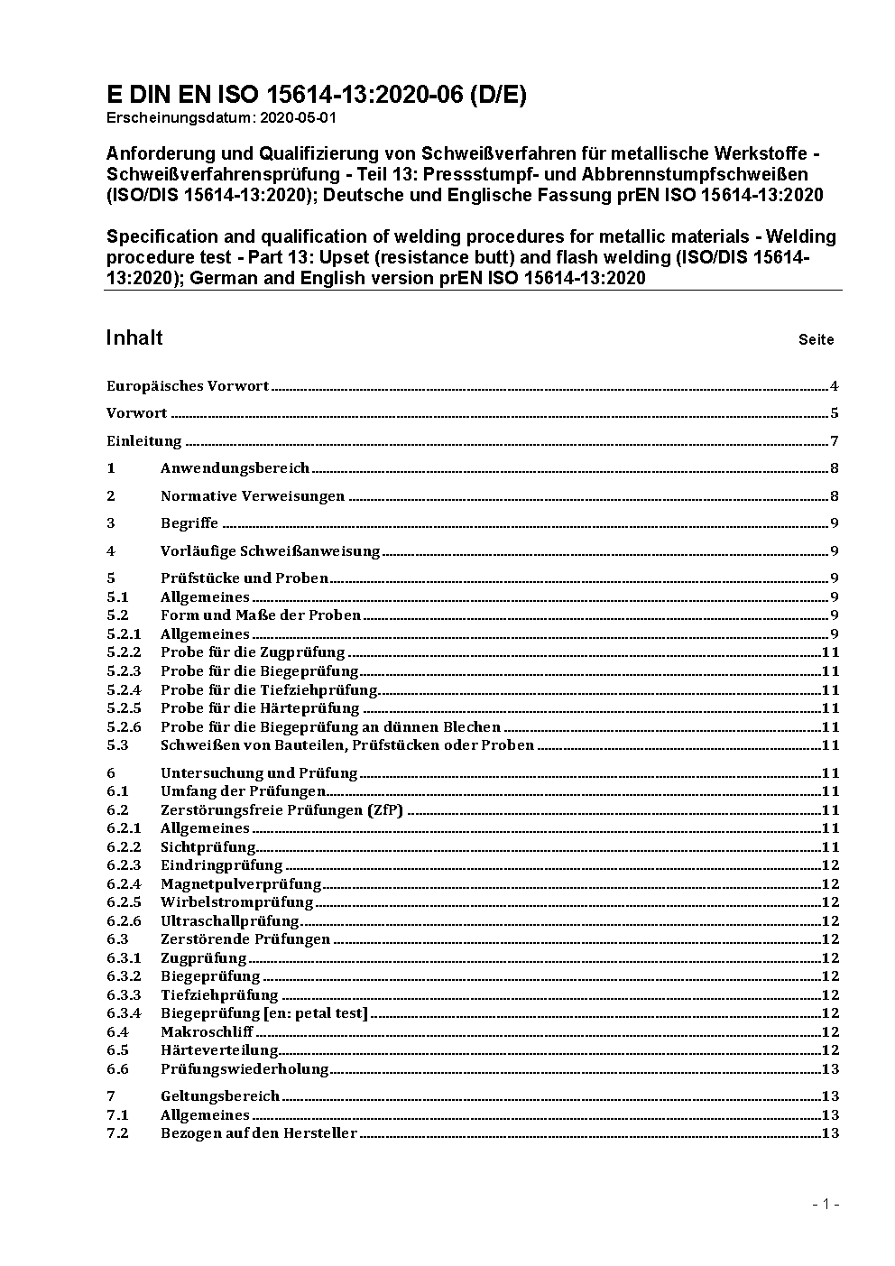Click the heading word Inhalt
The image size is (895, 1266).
[134, 337]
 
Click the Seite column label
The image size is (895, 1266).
[816, 340]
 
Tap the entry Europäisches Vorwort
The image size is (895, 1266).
[188, 386]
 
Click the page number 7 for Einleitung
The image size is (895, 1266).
[835, 441]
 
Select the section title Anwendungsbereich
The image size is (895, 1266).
[235, 467]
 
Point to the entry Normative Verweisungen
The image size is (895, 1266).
[253, 495]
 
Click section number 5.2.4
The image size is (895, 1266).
[124, 689]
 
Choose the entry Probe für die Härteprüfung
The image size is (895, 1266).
[260, 708]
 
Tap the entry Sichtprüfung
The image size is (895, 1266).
[208, 846]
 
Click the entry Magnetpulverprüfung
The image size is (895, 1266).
[241, 884]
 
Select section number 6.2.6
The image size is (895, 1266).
[124, 920]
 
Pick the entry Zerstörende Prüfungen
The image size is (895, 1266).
[245, 939]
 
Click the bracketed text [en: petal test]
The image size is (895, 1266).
[316, 1013]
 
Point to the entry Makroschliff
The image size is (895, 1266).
[207, 1032]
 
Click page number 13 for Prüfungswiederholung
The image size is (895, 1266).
[830, 1069]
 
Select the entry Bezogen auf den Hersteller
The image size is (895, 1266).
[259, 1133]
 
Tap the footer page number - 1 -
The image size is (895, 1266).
[826, 1204]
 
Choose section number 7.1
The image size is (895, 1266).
[117, 1115]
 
